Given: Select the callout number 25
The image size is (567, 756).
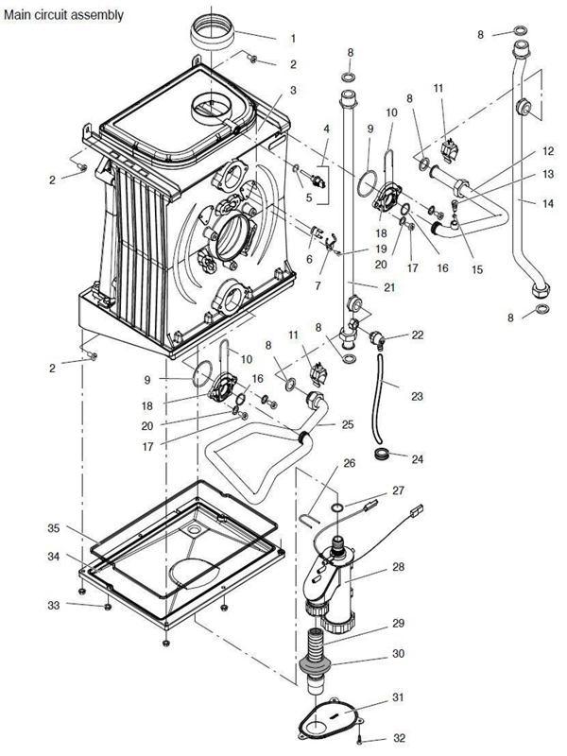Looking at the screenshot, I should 349,424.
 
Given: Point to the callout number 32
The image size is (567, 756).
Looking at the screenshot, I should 398,738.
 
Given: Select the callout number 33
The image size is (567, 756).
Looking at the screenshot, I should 55,605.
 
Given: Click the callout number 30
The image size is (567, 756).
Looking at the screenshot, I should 398,654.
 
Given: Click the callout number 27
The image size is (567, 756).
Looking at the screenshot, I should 398,490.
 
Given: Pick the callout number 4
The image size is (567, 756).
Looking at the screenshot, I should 326,129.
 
